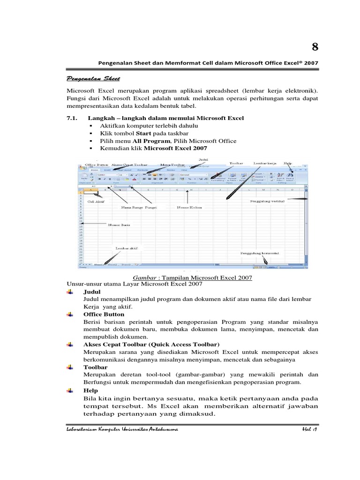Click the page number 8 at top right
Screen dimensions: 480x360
pos(315,46)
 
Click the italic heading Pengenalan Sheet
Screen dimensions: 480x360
pos(91,78)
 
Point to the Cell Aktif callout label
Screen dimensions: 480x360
pos(96,202)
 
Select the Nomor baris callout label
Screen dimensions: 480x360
pos(119,225)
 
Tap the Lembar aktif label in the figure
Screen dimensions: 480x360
pos(126,248)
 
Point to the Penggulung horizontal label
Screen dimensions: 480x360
pos(260,253)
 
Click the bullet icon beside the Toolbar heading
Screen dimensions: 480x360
pos(70,367)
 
